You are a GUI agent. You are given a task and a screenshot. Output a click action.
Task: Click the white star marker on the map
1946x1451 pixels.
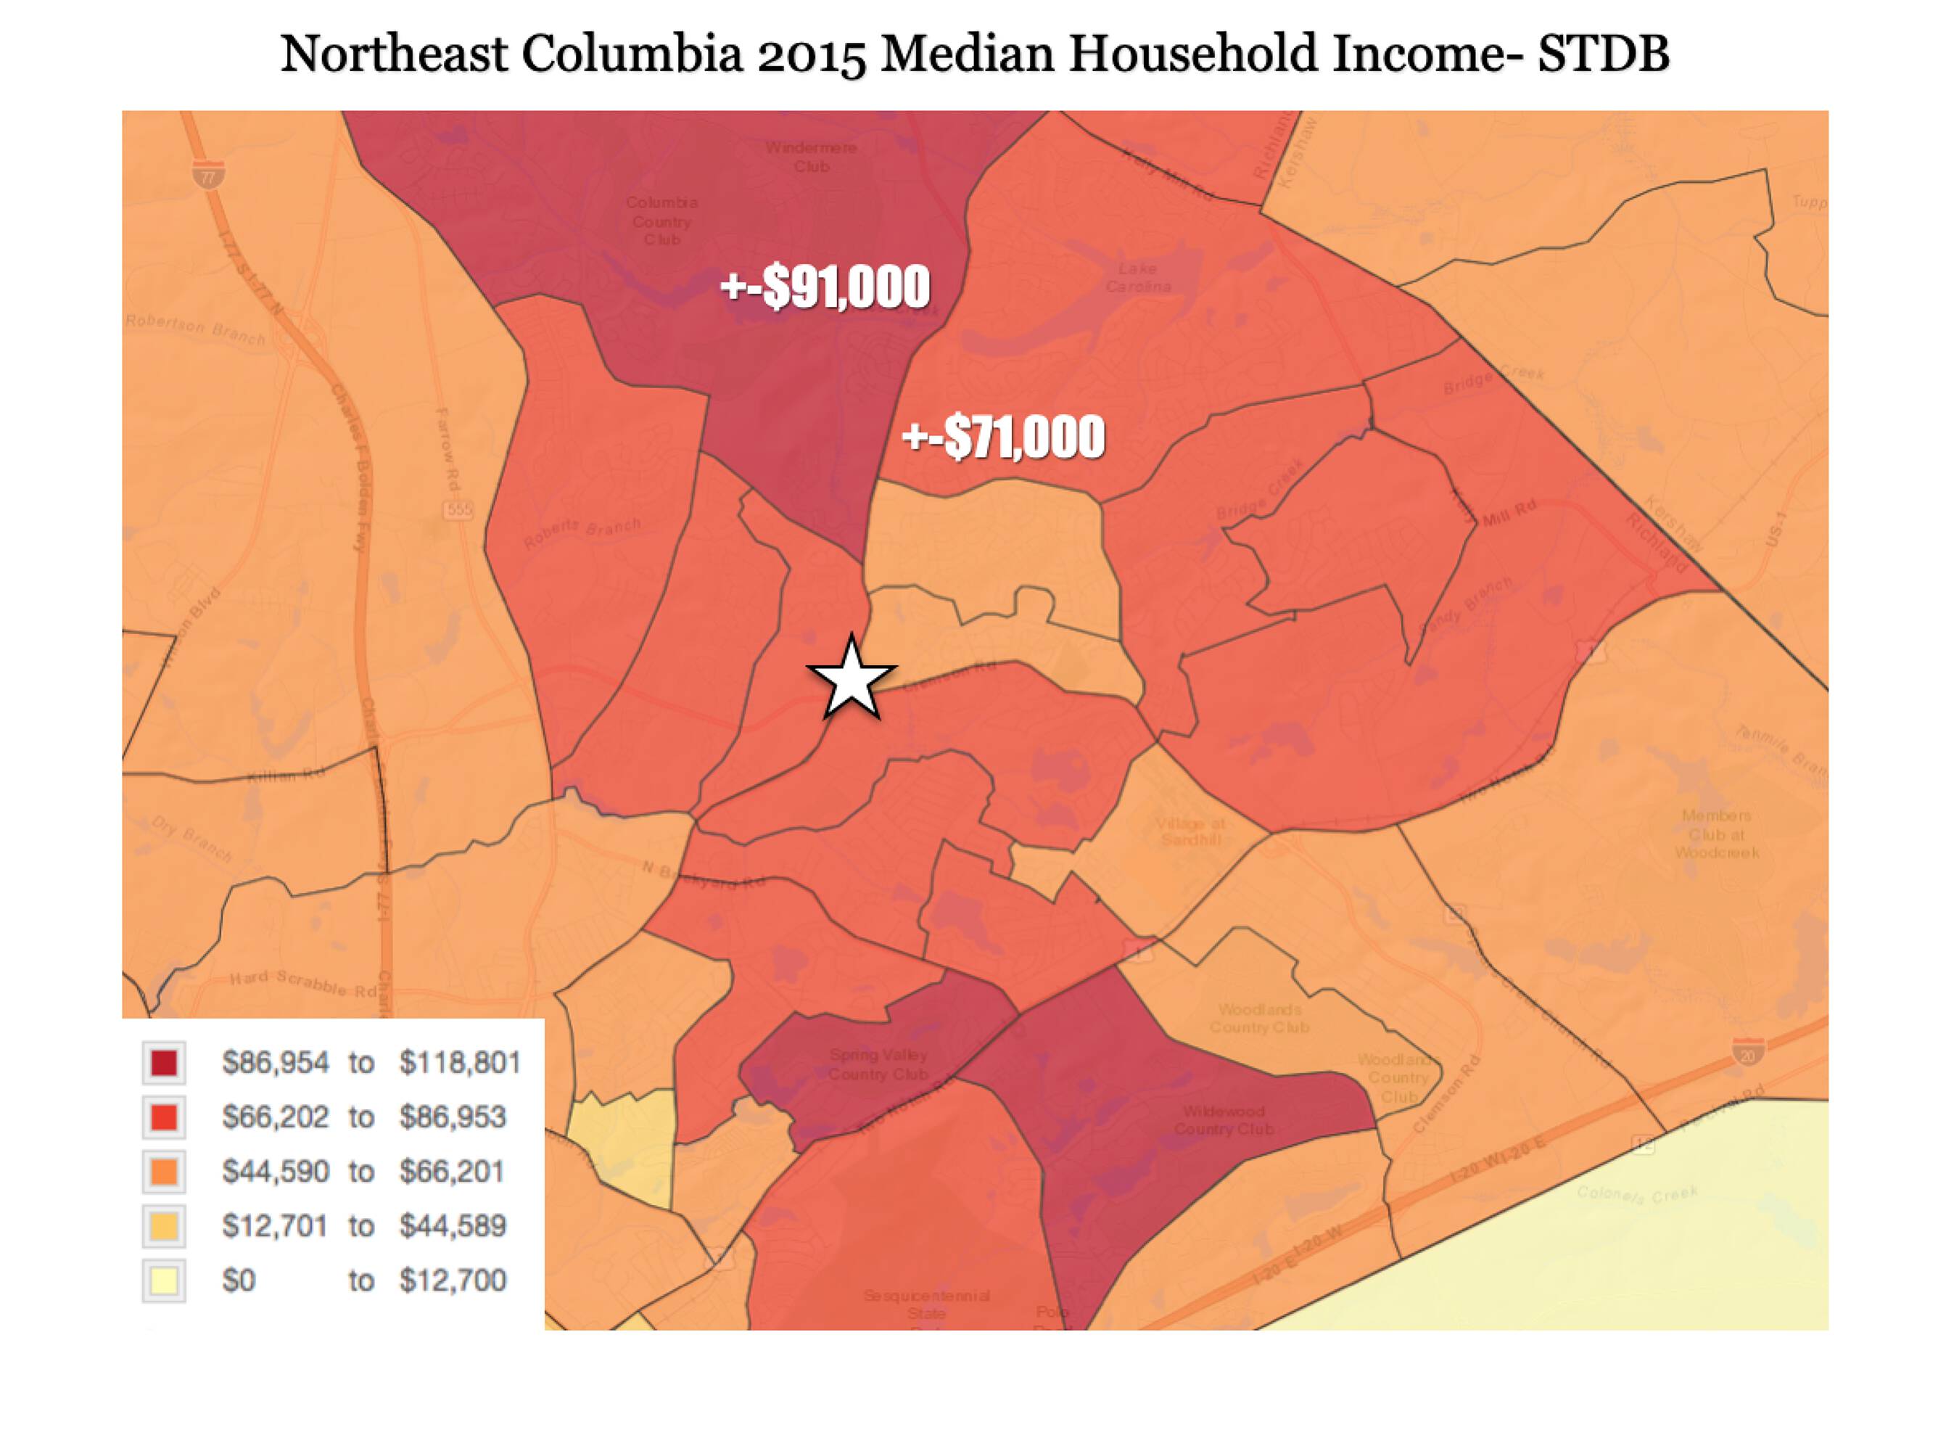[851, 678]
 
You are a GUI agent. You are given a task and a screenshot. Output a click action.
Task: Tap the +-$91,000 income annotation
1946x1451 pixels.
[825, 287]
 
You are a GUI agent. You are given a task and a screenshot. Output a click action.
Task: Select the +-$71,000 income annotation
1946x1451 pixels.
[1004, 437]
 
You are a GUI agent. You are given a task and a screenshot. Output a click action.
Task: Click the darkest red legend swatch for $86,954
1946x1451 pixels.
[164, 1063]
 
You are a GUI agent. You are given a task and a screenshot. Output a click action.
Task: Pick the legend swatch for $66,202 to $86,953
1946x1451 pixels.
[164, 1117]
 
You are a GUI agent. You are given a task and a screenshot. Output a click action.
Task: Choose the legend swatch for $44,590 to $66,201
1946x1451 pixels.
[164, 1172]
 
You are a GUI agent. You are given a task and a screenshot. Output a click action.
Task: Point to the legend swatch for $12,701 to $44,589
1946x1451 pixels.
[164, 1226]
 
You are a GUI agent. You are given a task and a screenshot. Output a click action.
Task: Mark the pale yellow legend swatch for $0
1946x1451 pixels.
[164, 1281]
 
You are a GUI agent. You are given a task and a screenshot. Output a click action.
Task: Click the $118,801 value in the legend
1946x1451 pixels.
[460, 1063]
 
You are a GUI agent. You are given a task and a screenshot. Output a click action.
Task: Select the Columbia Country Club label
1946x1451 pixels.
[662, 221]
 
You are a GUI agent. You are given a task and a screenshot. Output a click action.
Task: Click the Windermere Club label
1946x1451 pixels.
[811, 156]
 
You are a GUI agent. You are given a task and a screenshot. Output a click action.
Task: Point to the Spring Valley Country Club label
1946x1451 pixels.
[878, 1064]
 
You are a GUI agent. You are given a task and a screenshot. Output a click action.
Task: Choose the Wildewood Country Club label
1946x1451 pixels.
[1224, 1120]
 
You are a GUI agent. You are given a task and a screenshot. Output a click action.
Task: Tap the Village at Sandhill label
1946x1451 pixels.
[1190, 831]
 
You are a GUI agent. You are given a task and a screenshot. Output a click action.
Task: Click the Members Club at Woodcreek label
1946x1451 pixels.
[1716, 834]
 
